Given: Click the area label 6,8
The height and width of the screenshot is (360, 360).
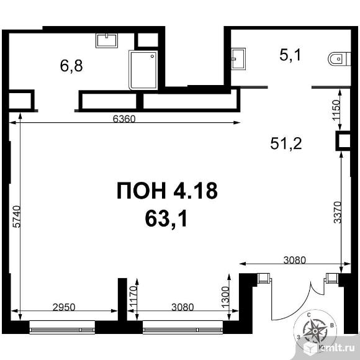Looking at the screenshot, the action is tap(71, 66).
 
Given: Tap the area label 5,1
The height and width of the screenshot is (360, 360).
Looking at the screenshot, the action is tap(290, 55).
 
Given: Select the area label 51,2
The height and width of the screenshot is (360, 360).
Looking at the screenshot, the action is tap(286, 143).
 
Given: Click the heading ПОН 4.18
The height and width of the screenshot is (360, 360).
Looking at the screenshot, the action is tap(167, 191).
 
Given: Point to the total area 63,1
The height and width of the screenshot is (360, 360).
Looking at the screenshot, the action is tap(166, 218).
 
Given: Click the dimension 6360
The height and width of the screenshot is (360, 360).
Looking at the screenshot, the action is tap(124, 119).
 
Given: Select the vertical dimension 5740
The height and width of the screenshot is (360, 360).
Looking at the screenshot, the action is tap(17, 217).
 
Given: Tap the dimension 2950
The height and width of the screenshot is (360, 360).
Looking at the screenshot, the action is tap(64, 307).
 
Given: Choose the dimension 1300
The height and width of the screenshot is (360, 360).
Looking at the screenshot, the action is tap(225, 297).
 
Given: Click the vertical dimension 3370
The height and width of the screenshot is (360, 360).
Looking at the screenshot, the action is tap(338, 212).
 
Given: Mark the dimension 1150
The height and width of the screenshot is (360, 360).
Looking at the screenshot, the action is tap(336, 110).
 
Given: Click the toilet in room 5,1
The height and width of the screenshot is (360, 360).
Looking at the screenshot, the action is tap(340, 59).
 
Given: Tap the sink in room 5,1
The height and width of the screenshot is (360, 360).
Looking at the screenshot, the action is tap(238, 58).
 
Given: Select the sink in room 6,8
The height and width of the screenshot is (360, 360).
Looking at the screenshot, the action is tap(107, 40).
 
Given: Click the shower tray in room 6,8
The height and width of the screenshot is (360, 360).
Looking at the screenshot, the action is tap(143, 70).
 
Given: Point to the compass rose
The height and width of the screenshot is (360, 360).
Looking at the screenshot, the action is tap(315, 331).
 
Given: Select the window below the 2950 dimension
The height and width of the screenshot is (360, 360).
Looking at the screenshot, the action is tap(62, 327).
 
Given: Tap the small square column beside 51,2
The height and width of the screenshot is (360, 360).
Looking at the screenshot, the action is tap(343, 141).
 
